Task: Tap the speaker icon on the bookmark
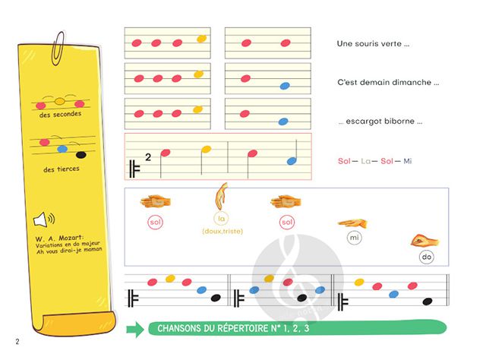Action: [43, 220]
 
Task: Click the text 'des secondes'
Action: [60, 114]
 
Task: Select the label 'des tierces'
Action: [60, 169]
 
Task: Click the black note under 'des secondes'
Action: [81, 155]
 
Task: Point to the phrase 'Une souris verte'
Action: [373, 44]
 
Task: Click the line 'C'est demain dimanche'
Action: [388, 82]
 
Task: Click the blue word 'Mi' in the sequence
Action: [407, 161]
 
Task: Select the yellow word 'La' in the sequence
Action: [364, 161]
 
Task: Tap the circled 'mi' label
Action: [353, 238]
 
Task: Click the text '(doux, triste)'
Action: [222, 231]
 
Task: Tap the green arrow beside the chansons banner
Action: [134, 329]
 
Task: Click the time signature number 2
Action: [148, 157]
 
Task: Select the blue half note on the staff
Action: [292, 160]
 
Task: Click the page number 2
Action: [16, 340]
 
